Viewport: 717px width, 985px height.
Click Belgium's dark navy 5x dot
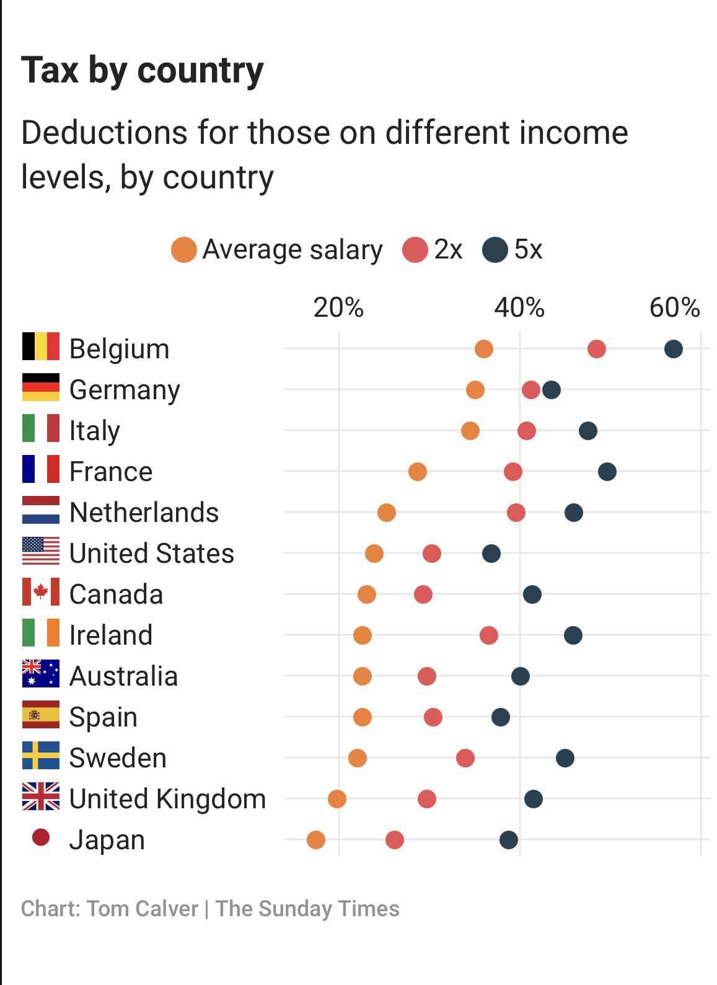[673, 349]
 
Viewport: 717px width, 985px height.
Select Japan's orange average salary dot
[315, 840]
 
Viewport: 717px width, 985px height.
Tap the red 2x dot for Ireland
[488, 635]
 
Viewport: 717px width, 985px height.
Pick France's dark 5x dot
[607, 472]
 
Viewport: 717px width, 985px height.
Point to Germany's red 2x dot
[530, 390]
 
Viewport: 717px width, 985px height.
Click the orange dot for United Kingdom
[337, 799]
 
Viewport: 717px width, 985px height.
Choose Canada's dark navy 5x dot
[532, 594]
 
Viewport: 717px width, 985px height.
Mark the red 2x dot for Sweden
[465, 758]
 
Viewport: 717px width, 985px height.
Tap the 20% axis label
[338, 307]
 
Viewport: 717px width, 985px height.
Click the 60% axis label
[674, 307]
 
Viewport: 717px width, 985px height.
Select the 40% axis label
[519, 307]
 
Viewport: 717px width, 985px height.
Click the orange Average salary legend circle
[184, 250]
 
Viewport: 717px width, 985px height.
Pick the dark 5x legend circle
[495, 250]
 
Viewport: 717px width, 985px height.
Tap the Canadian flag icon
[41, 592]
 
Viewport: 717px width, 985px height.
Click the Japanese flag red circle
[41, 837]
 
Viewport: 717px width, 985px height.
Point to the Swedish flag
[41, 756]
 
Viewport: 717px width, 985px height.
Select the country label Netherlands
[144, 513]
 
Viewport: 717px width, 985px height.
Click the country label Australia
[123, 676]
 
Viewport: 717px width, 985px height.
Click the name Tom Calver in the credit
[143, 909]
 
